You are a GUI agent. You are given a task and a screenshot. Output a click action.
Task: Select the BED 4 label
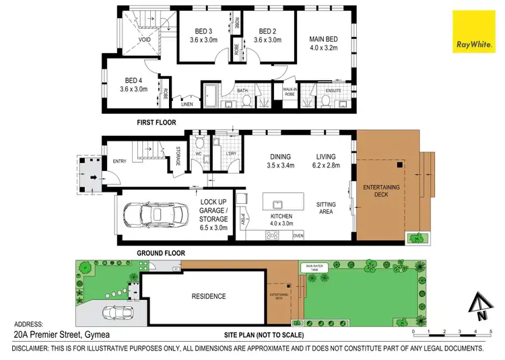click(x=133, y=83)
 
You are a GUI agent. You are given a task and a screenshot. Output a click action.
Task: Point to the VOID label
click(x=144, y=40)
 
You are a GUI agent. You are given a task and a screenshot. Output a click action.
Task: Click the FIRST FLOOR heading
click(x=156, y=122)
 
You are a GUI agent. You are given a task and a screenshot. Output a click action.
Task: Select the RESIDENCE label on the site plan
click(x=208, y=296)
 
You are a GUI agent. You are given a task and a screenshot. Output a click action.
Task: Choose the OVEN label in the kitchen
click(x=298, y=236)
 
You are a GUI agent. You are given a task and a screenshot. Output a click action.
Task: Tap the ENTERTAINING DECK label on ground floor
click(x=380, y=191)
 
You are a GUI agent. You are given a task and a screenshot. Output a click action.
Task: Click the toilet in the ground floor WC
click(x=199, y=143)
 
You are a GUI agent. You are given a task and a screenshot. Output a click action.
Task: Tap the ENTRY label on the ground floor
click(x=120, y=161)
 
